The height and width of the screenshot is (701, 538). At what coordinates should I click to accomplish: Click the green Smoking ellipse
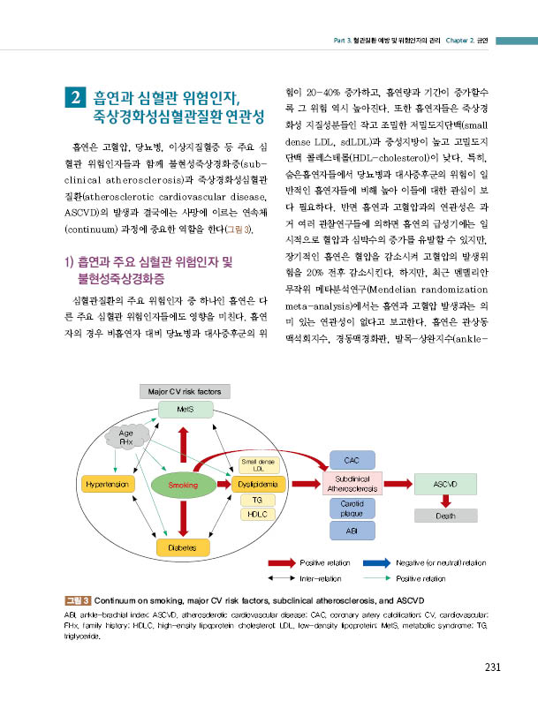click(x=183, y=485)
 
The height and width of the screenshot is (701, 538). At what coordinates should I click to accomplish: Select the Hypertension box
click(x=107, y=484)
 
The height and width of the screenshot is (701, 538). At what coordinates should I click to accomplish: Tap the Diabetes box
click(x=183, y=547)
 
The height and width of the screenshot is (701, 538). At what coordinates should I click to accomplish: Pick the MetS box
click(x=186, y=410)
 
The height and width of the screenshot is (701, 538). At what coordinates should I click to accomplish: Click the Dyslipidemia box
click(x=258, y=484)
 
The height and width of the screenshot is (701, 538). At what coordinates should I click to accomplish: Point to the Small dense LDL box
click(x=259, y=465)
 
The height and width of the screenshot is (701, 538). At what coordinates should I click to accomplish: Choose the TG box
click(x=258, y=501)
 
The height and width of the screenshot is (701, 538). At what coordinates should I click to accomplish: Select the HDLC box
click(x=258, y=515)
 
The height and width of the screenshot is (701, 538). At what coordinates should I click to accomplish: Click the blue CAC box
click(x=352, y=460)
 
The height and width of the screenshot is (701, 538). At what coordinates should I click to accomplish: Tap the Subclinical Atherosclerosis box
click(x=352, y=484)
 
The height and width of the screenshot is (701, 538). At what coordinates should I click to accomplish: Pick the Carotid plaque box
click(x=352, y=509)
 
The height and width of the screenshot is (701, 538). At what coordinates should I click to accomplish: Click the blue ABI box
click(x=352, y=531)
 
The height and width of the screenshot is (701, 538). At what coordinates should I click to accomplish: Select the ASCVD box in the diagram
click(x=445, y=484)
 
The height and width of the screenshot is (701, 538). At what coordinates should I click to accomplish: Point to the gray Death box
click(x=446, y=516)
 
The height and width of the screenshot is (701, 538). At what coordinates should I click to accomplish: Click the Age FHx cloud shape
click(x=126, y=437)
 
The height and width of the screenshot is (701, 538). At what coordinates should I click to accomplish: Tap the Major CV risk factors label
click(x=185, y=392)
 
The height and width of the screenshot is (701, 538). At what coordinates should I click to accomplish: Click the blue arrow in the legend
click(x=377, y=563)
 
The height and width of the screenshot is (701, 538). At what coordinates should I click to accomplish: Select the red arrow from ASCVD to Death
click(x=445, y=501)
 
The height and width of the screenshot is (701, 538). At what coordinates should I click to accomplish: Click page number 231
click(x=492, y=667)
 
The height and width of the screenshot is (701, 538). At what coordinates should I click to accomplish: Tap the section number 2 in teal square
click(x=76, y=97)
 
